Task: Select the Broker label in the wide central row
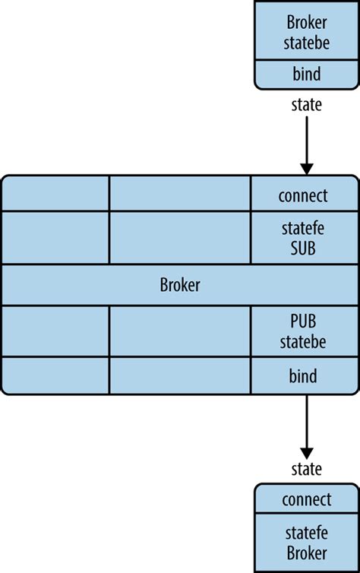(180, 285)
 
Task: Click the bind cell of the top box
(305, 74)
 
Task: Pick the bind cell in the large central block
(303, 376)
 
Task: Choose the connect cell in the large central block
(303, 195)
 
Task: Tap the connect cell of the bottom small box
(306, 499)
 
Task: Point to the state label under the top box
(306, 105)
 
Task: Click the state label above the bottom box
(306, 468)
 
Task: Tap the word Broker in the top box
(306, 22)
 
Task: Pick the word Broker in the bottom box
(306, 552)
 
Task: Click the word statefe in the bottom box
(306, 532)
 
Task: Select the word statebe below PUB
(303, 343)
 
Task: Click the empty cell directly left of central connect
(180, 194)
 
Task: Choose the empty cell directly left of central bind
(180, 375)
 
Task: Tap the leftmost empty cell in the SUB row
(55, 237)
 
